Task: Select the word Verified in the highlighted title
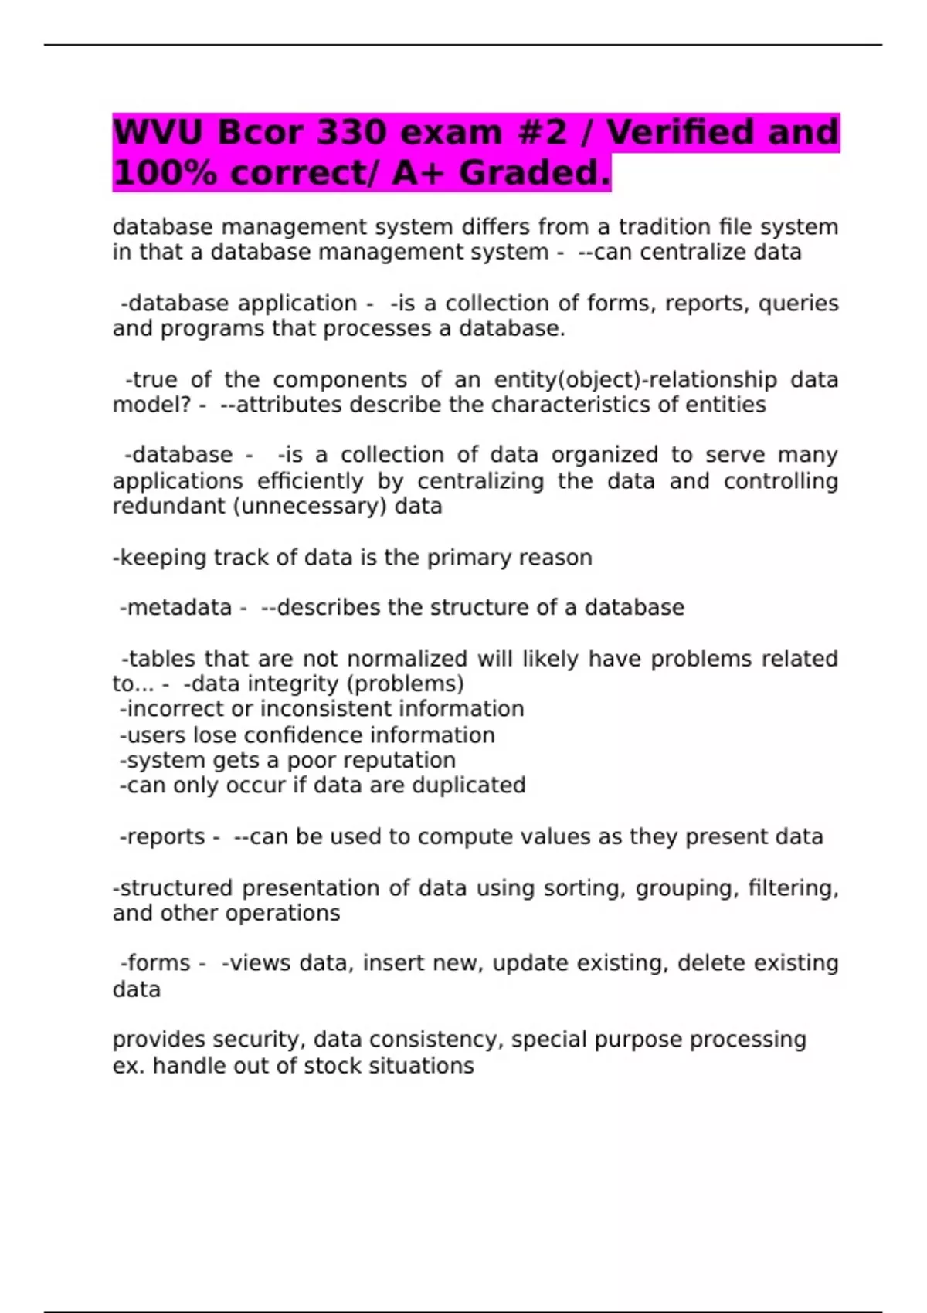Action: coord(679,132)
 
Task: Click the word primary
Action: coord(469,558)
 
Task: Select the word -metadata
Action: coord(175,608)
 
